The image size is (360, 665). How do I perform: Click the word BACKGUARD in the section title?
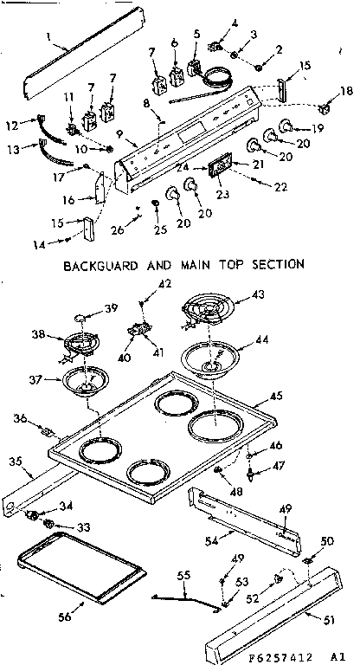pyautogui.click(x=101, y=263)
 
